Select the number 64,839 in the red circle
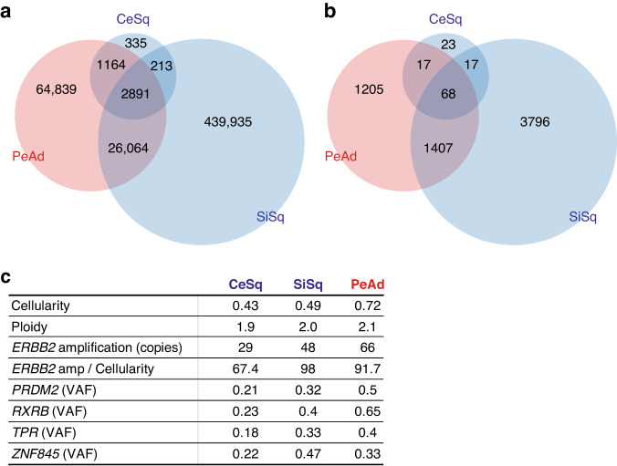pos(60,88)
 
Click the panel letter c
pos(8,279)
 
